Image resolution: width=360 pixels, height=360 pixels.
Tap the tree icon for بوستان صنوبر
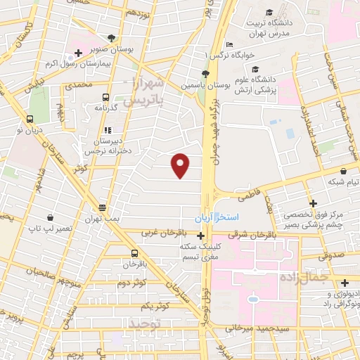click(113, 39)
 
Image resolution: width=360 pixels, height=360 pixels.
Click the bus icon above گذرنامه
click(105, 98)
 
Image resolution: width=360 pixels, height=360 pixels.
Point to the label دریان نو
click(30, 130)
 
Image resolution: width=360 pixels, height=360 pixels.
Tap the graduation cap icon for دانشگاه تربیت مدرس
click(270, 13)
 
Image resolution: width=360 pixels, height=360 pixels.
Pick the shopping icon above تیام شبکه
click(343, 171)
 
